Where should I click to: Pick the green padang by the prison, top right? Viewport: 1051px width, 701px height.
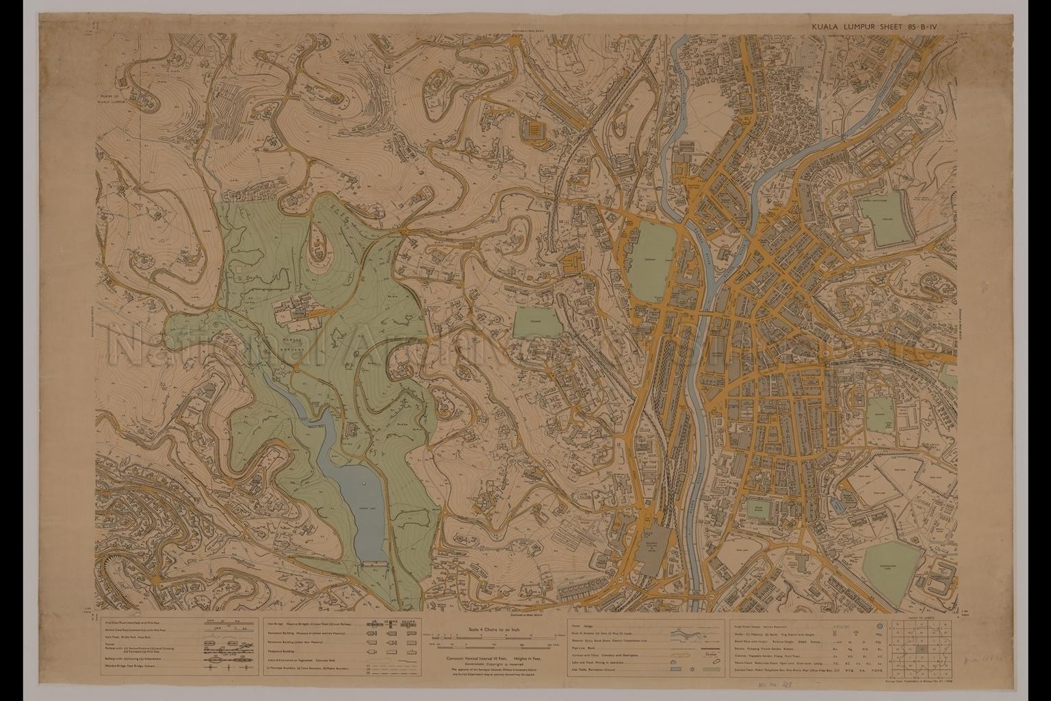click(x=889, y=226)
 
